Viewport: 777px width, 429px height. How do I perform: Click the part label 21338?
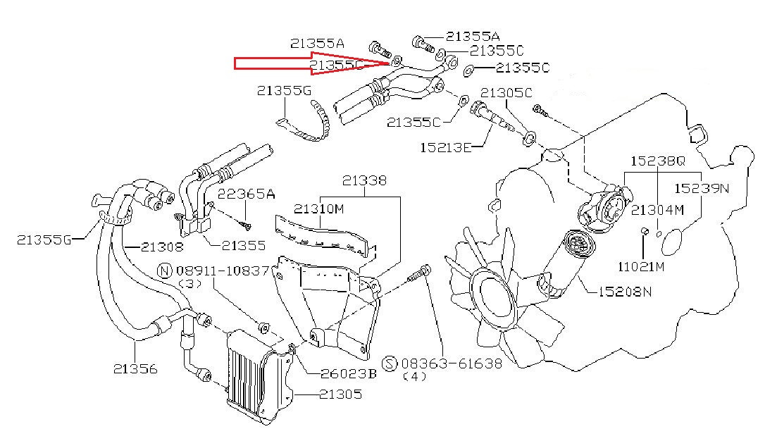pyautogui.click(x=363, y=180)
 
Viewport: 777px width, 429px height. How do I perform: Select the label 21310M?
pyautogui.click(x=318, y=209)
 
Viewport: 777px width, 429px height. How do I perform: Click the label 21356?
pyautogui.click(x=135, y=368)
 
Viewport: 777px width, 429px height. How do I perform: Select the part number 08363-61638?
pyautogui.click(x=452, y=363)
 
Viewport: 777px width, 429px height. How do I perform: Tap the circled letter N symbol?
pyautogui.click(x=164, y=271)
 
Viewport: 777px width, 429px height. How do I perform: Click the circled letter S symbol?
pyautogui.click(x=391, y=363)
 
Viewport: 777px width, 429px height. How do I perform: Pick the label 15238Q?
pyautogui.click(x=657, y=160)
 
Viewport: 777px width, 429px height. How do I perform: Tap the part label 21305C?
pyautogui.click(x=506, y=92)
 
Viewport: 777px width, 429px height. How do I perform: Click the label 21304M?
pyautogui.click(x=657, y=209)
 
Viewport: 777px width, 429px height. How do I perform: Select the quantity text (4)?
pyautogui.click(x=418, y=377)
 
